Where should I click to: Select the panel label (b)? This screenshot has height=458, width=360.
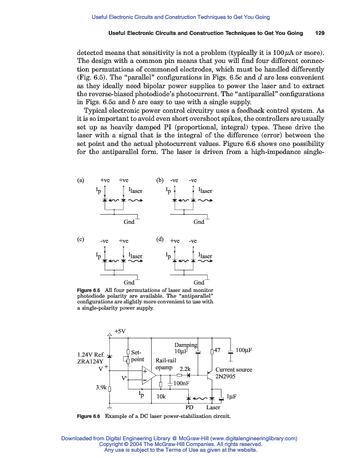(x=160, y=180)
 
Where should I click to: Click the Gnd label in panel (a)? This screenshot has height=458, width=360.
(x=129, y=222)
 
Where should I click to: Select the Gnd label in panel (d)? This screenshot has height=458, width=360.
(x=199, y=282)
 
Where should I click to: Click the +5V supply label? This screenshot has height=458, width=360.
(x=120, y=331)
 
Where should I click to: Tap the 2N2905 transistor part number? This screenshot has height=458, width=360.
(x=227, y=377)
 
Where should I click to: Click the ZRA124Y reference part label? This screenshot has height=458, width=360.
(x=90, y=361)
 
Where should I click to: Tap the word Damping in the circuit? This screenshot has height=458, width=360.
(x=185, y=345)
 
